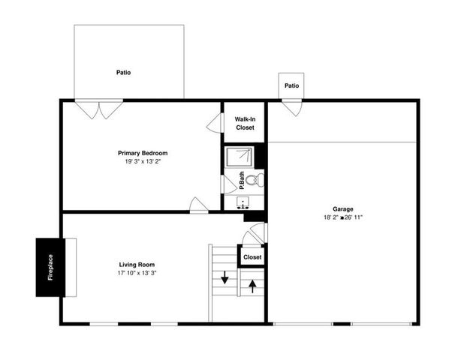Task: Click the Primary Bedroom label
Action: coord(141,153)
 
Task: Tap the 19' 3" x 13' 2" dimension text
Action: coord(141,161)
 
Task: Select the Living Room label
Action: coord(137,265)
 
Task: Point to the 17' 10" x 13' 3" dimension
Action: coord(137,273)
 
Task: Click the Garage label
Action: coord(343,209)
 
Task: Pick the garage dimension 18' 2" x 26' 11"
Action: coord(343,217)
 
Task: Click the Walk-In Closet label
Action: coord(245,123)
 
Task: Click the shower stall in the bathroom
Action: coord(242,157)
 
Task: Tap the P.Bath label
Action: coord(231,180)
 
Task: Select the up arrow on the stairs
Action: coord(253,284)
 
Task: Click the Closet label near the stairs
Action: coord(252,257)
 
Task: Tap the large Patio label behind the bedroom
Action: coord(124,73)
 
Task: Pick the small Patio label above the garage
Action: coord(291,85)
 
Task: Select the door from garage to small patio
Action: coord(291,107)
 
